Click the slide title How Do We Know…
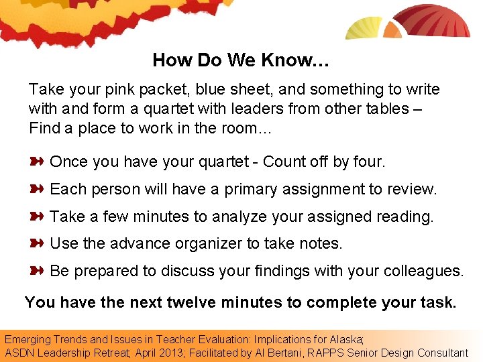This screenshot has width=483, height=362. point(241,60)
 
